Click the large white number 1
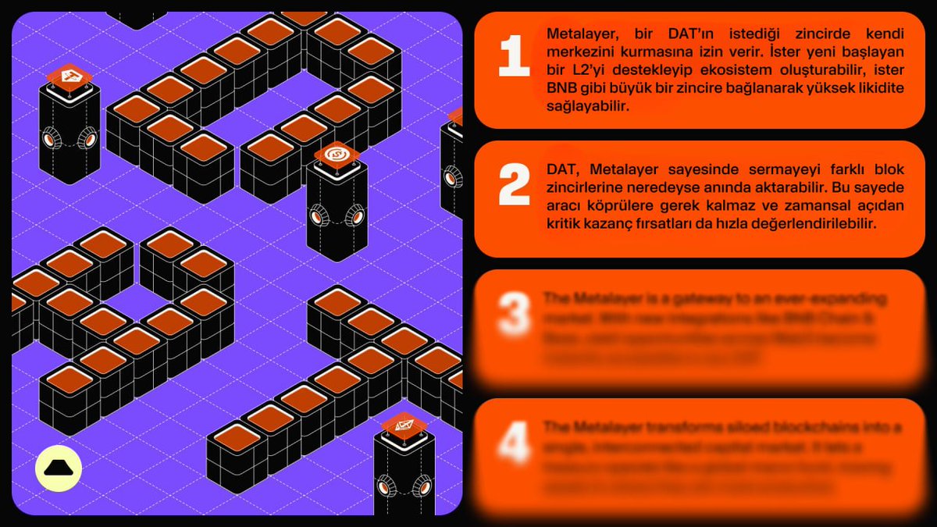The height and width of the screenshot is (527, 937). pyautogui.click(x=514, y=56)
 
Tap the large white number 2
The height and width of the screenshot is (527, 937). pyautogui.click(x=514, y=186)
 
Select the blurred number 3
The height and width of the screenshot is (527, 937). pyautogui.click(x=514, y=315)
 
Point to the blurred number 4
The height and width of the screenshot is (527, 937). pyautogui.click(x=514, y=443)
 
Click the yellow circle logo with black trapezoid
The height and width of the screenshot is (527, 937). pyautogui.click(x=59, y=468)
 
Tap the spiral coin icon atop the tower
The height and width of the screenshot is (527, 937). pyautogui.click(x=337, y=154)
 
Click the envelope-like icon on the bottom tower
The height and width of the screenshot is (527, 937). pyautogui.click(x=404, y=425)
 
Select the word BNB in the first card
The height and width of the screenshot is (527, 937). pyautogui.click(x=562, y=88)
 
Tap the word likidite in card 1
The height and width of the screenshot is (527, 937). pyautogui.click(x=877, y=88)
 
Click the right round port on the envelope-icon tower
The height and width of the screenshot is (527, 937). pyautogui.click(x=422, y=487)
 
